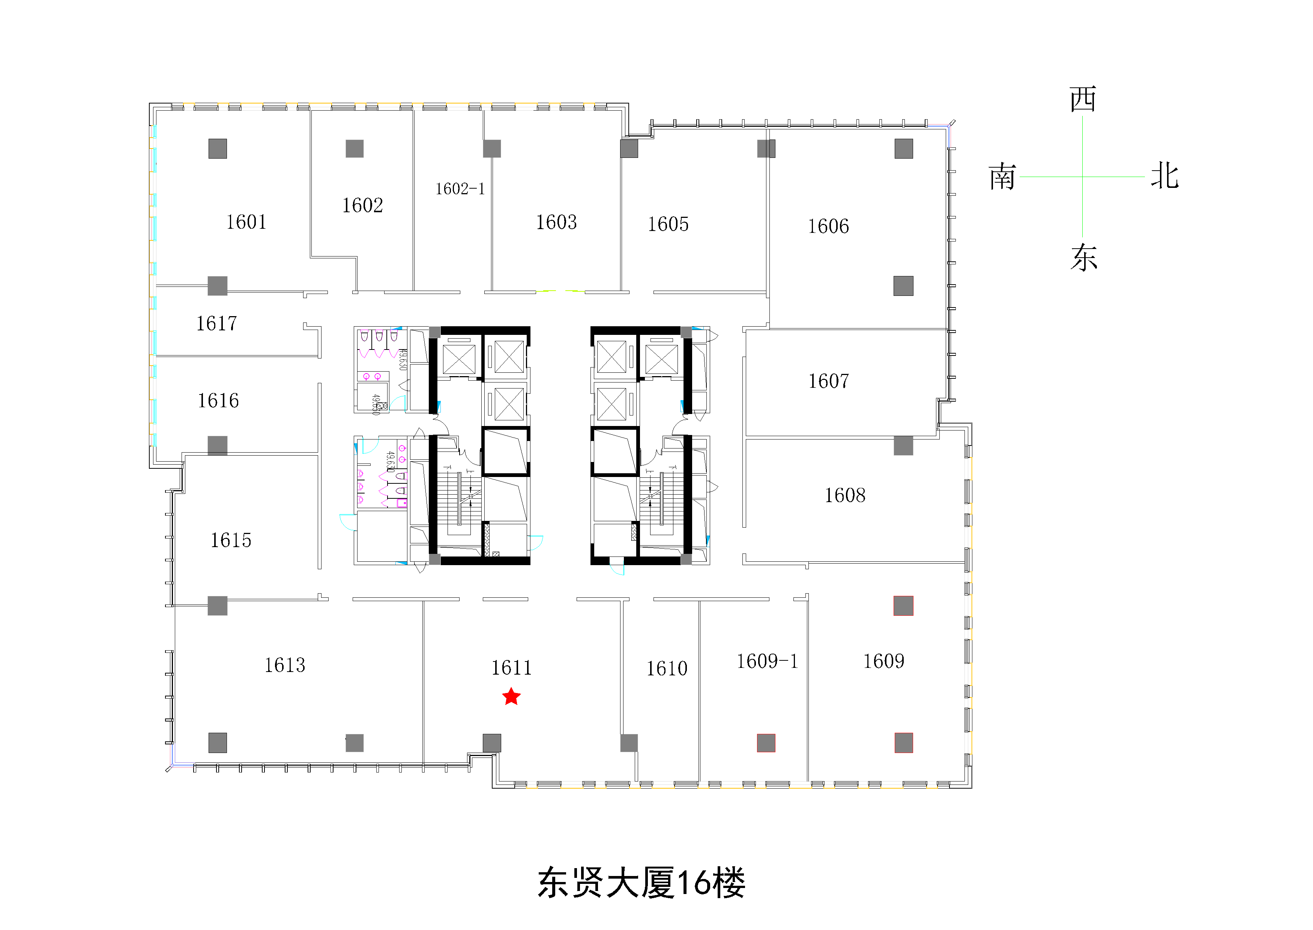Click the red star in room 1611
[x=511, y=697]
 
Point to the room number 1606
[x=828, y=226]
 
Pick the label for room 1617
[x=216, y=324]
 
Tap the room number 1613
[x=285, y=665]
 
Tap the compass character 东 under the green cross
[x=1083, y=258]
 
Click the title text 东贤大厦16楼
[x=641, y=882]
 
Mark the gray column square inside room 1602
[x=355, y=149]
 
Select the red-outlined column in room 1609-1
[x=766, y=743]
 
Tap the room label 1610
[x=667, y=668]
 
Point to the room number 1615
[x=231, y=540]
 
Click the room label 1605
[x=668, y=224]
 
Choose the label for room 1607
[x=828, y=381]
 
